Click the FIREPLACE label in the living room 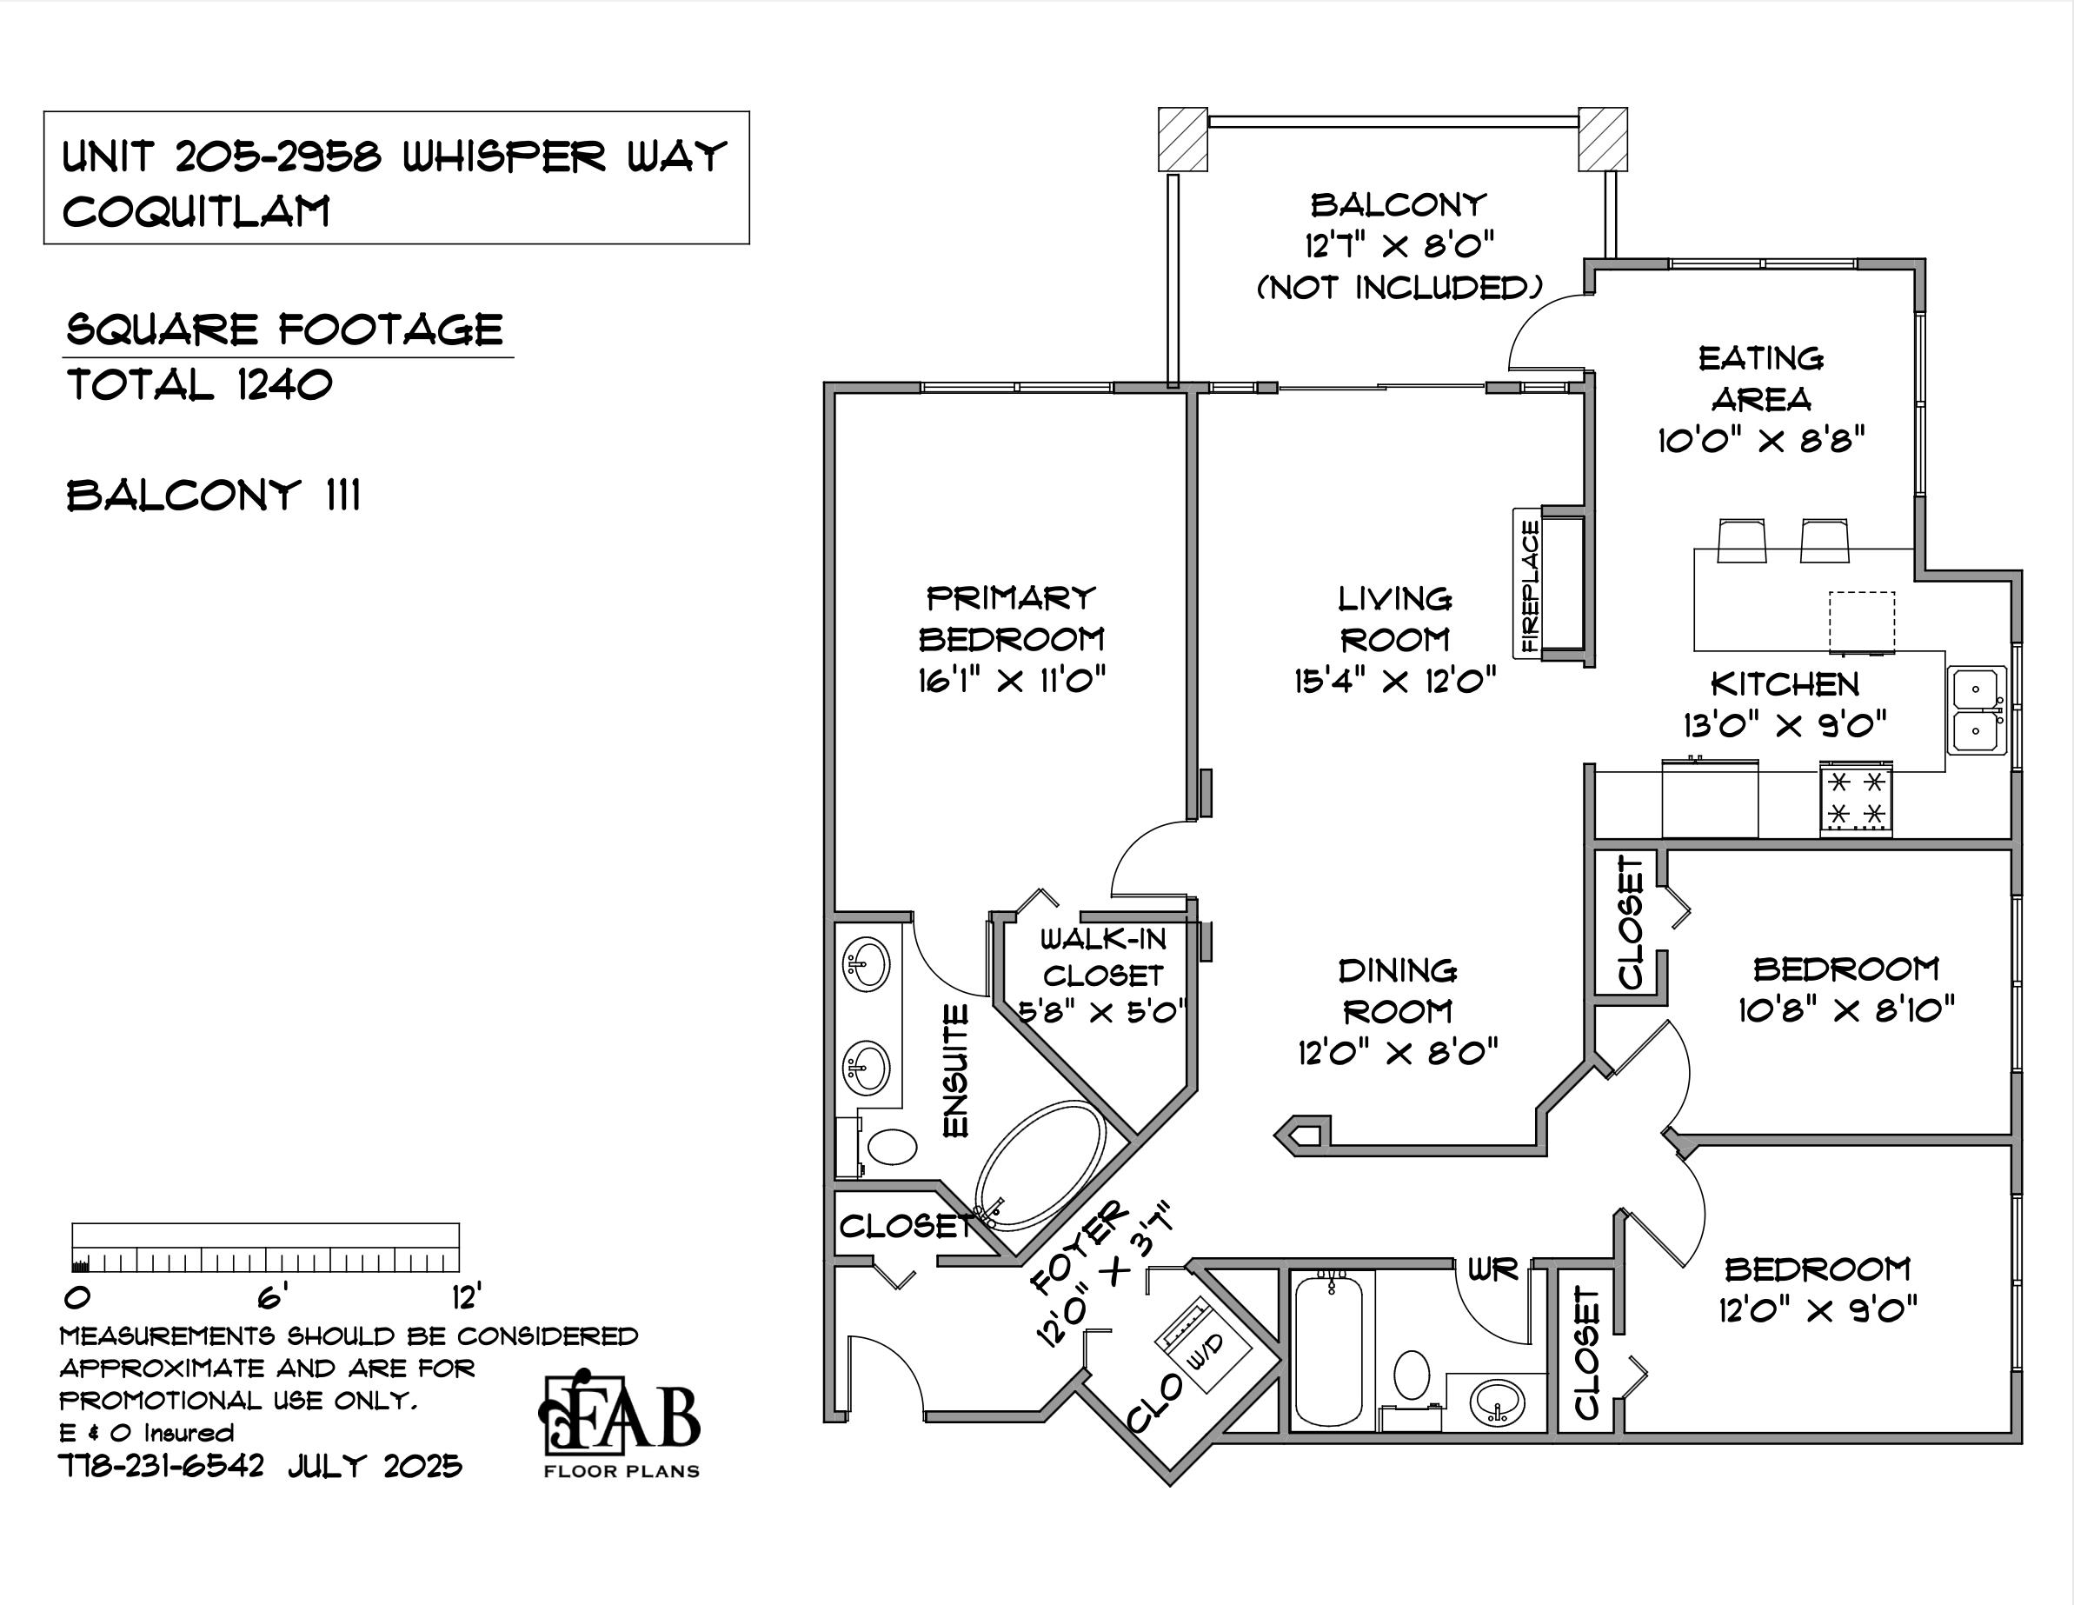click(1529, 586)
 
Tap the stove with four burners click(1856, 799)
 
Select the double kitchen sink click(1978, 709)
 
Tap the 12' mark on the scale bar click(465, 1296)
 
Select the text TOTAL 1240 click(199, 385)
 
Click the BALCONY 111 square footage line click(214, 496)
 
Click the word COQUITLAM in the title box click(196, 210)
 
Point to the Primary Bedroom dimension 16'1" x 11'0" click(1013, 680)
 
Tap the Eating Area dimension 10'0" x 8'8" click(1762, 441)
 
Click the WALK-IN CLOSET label click(1102, 957)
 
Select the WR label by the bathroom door click(1492, 1269)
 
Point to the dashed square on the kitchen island click(1861, 621)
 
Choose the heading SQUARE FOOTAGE click(284, 330)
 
